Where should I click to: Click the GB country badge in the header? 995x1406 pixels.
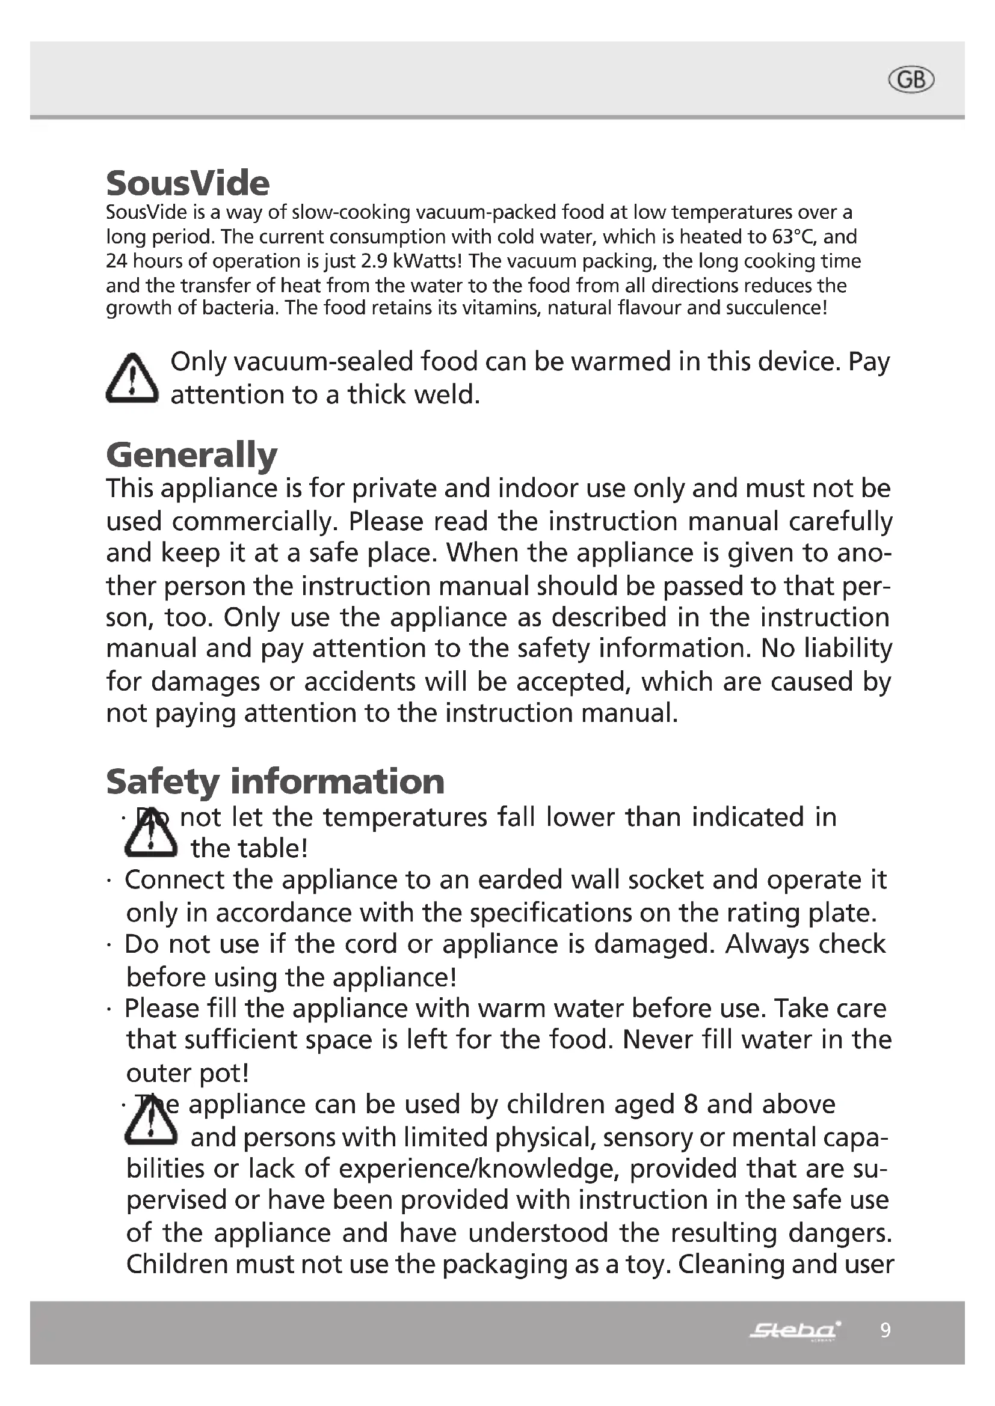tap(911, 80)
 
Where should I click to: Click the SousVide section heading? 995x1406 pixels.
tap(188, 183)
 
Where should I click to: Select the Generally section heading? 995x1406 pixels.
tap(192, 455)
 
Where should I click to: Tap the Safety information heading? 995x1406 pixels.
tap(275, 781)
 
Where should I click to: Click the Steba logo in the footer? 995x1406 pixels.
tap(795, 1330)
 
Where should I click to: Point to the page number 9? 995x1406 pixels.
tap(885, 1330)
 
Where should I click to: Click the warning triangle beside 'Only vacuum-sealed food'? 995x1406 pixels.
tap(132, 379)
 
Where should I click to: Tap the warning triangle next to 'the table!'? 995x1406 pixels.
tap(150, 833)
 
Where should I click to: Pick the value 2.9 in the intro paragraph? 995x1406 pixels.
tap(374, 261)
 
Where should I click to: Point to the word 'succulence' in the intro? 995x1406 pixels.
tap(774, 307)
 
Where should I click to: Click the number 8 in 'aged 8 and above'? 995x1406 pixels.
tap(691, 1105)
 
